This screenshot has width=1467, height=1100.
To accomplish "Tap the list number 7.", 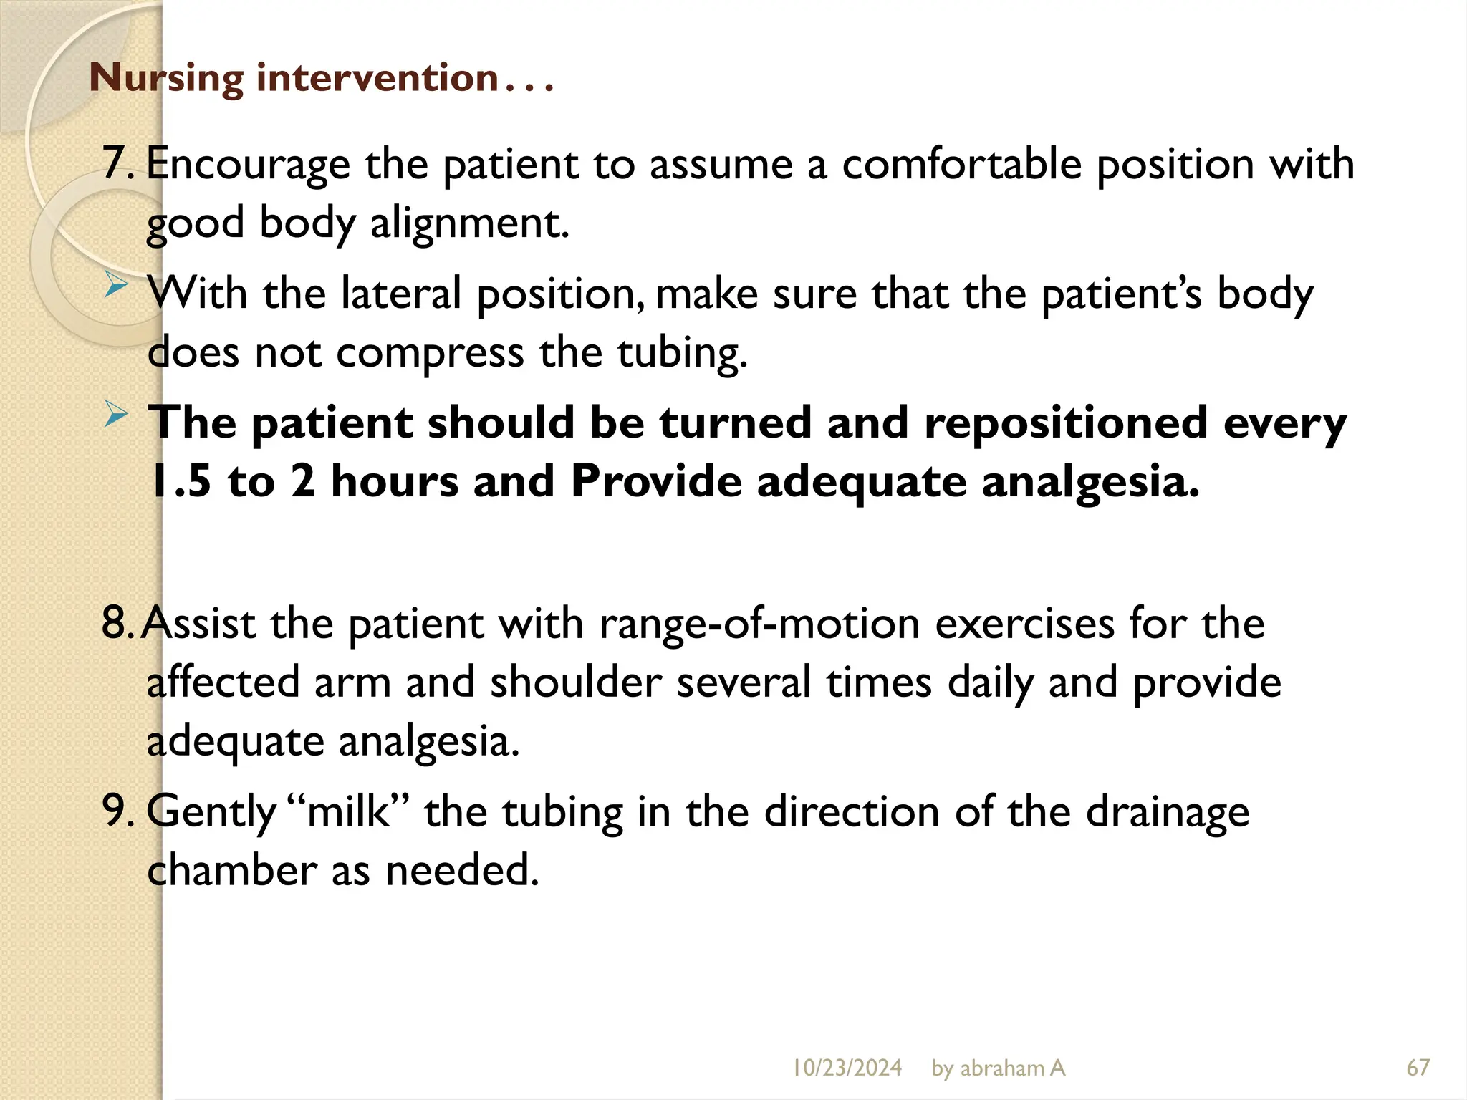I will (x=116, y=163).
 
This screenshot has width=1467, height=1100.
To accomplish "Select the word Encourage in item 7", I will (x=248, y=165).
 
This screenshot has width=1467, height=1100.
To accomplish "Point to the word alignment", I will (x=469, y=223).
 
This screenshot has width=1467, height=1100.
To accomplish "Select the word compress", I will (x=430, y=353).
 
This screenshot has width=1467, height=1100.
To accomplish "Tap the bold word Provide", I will (x=655, y=481).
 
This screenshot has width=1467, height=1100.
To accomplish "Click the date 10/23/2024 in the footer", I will (x=847, y=1068).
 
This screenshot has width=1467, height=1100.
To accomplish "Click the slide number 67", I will (x=1418, y=1068).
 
